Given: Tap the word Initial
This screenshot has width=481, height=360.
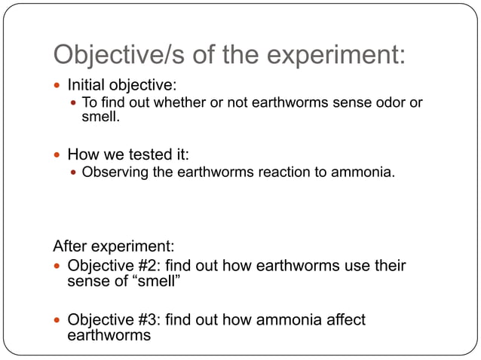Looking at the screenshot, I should pyautogui.click(x=87, y=84).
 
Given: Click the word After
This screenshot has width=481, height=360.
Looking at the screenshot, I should pyautogui.click(x=72, y=246).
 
